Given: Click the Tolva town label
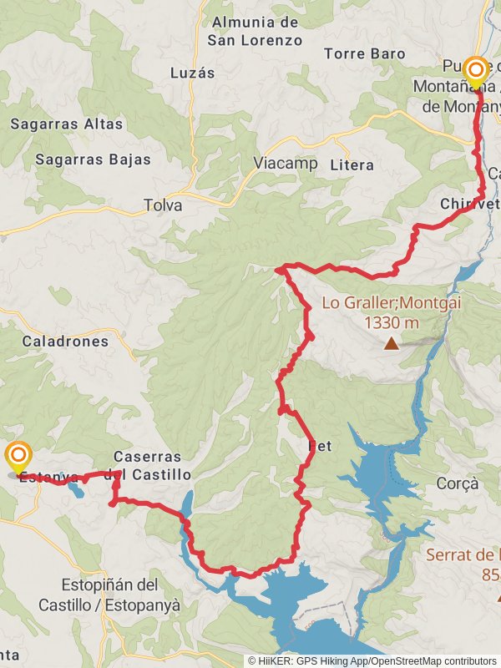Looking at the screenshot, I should [163, 205].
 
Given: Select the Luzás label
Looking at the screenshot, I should [192, 73].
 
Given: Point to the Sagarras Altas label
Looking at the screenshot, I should [67, 124].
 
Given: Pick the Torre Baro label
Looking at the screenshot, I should [364, 53].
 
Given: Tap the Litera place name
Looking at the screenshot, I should [352, 164].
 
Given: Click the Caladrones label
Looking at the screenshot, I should [65, 341].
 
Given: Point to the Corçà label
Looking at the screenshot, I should [458, 483].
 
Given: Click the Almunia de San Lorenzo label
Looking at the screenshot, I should [255, 30].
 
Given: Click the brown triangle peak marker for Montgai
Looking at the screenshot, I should [391, 342].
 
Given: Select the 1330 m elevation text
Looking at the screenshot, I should [392, 321].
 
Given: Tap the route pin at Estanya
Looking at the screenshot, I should [18, 457].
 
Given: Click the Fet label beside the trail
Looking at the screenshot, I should [320, 447].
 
